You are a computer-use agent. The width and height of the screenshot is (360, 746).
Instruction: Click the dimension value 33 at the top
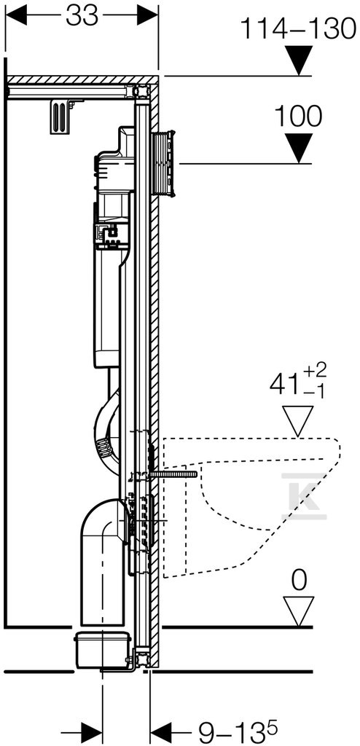point(82,17)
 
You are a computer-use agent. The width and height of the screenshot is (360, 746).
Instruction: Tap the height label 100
point(298,116)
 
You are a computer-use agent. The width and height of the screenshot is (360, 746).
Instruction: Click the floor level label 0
point(298,582)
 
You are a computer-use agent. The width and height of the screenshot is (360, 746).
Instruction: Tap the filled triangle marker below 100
point(299,148)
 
